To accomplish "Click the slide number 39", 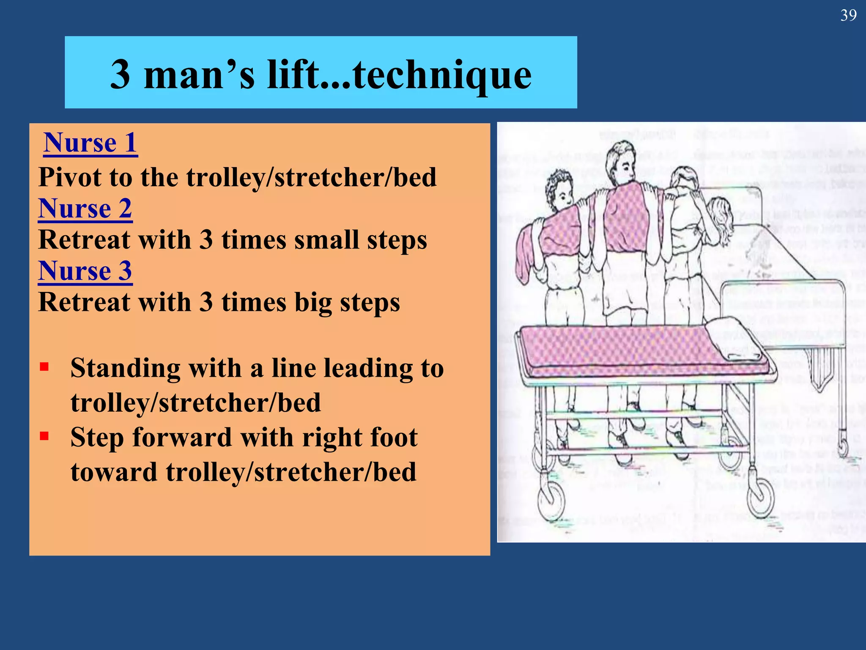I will [848, 16].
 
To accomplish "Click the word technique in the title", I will [442, 75].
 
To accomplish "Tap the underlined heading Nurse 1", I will [90, 143].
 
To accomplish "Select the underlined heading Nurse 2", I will [85, 208].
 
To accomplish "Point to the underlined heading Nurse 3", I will [85, 271].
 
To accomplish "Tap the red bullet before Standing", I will [44, 366].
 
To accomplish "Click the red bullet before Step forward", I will [44, 436].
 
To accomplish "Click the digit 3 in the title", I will [120, 75].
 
